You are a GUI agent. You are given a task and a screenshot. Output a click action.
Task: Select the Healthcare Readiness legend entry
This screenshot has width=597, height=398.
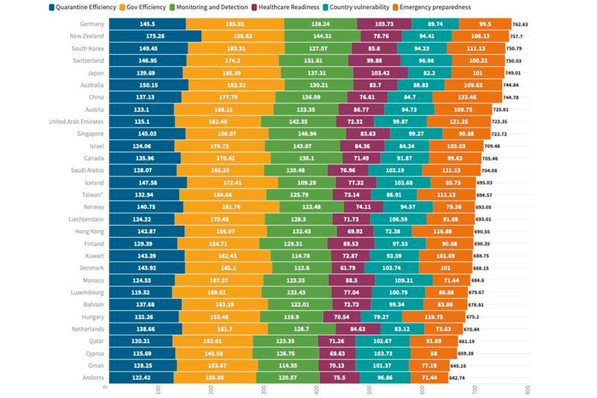point(288,7)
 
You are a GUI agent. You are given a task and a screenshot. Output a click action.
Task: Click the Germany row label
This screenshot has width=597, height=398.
point(91,24)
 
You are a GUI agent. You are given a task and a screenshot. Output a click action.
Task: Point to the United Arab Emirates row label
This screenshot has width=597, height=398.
point(76,122)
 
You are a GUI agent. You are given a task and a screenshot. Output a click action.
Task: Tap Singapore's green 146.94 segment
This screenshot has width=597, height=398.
point(293,134)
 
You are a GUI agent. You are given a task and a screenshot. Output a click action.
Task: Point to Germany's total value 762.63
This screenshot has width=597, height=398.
point(524,24)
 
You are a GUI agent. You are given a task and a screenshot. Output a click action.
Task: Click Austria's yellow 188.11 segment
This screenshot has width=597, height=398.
point(224,109)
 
